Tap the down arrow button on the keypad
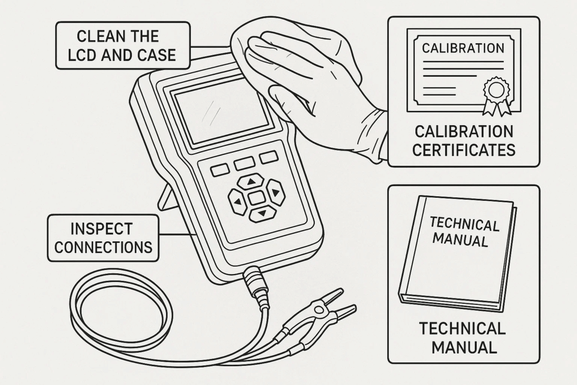[260, 214]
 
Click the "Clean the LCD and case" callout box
[122, 45]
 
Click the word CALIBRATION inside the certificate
[463, 48]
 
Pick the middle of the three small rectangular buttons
[244, 163]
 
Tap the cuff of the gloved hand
[372, 136]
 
